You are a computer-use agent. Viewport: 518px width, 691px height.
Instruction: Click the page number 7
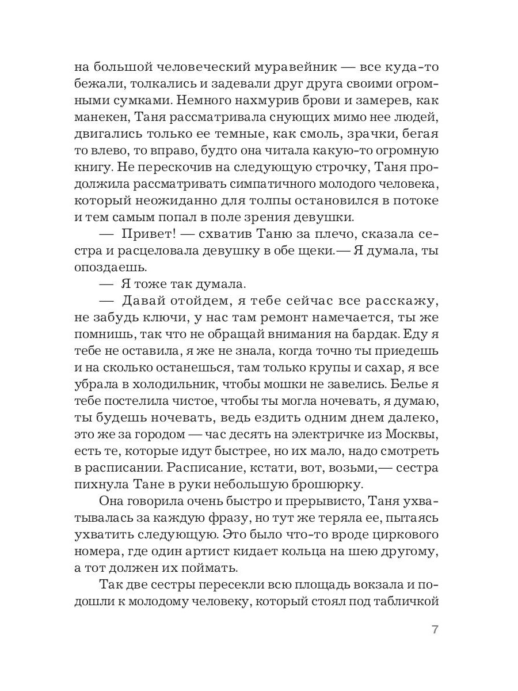[x=435, y=629]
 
